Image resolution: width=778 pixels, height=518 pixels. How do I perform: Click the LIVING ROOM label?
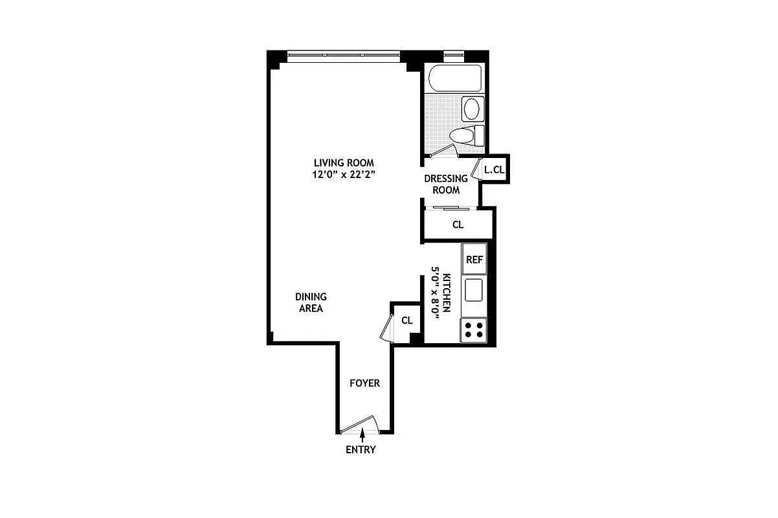click(344, 163)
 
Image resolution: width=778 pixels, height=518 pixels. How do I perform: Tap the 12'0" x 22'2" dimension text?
click(344, 174)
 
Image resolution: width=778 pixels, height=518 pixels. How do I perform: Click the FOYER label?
click(364, 383)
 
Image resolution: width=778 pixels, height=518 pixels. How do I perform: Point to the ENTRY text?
click(361, 449)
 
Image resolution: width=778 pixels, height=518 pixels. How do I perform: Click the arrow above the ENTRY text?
click(361, 438)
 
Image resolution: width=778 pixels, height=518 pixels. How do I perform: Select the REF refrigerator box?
click(474, 260)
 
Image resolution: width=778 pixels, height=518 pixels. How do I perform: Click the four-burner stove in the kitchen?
click(473, 330)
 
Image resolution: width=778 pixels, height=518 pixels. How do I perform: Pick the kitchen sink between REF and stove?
click(474, 289)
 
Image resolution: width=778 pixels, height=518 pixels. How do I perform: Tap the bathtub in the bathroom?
click(456, 78)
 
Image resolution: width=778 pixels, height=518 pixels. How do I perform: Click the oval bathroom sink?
click(472, 108)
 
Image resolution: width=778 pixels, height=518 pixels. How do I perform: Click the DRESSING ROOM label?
click(446, 184)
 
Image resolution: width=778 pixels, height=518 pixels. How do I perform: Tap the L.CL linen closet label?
click(495, 170)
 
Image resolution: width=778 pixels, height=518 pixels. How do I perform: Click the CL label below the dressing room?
click(458, 225)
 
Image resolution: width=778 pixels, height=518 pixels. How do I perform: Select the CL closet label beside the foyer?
click(407, 320)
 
